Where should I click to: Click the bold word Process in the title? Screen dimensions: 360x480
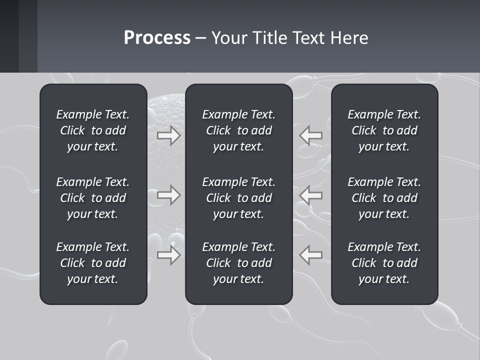point(157,38)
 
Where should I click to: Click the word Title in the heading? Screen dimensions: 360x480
point(270,38)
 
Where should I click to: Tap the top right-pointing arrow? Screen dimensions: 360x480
point(168,135)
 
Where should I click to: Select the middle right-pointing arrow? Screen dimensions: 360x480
point(168,195)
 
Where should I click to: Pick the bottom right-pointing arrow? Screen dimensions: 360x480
point(168,255)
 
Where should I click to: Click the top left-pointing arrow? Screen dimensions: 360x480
point(311,135)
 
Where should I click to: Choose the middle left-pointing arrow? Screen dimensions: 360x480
point(311,195)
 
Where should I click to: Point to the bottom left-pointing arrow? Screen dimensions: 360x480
point(311,255)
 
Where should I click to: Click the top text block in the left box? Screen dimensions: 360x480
point(93,130)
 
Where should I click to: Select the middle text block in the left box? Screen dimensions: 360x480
point(93,198)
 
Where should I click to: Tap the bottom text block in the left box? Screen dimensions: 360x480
point(93,263)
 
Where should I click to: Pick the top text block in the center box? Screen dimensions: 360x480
point(238,130)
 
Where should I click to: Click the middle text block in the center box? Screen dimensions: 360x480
point(238,198)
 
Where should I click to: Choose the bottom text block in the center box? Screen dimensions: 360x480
point(238,263)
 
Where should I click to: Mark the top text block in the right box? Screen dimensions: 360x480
point(384,130)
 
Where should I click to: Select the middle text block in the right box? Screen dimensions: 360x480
point(384,198)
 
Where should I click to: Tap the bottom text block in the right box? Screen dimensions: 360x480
point(384,263)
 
